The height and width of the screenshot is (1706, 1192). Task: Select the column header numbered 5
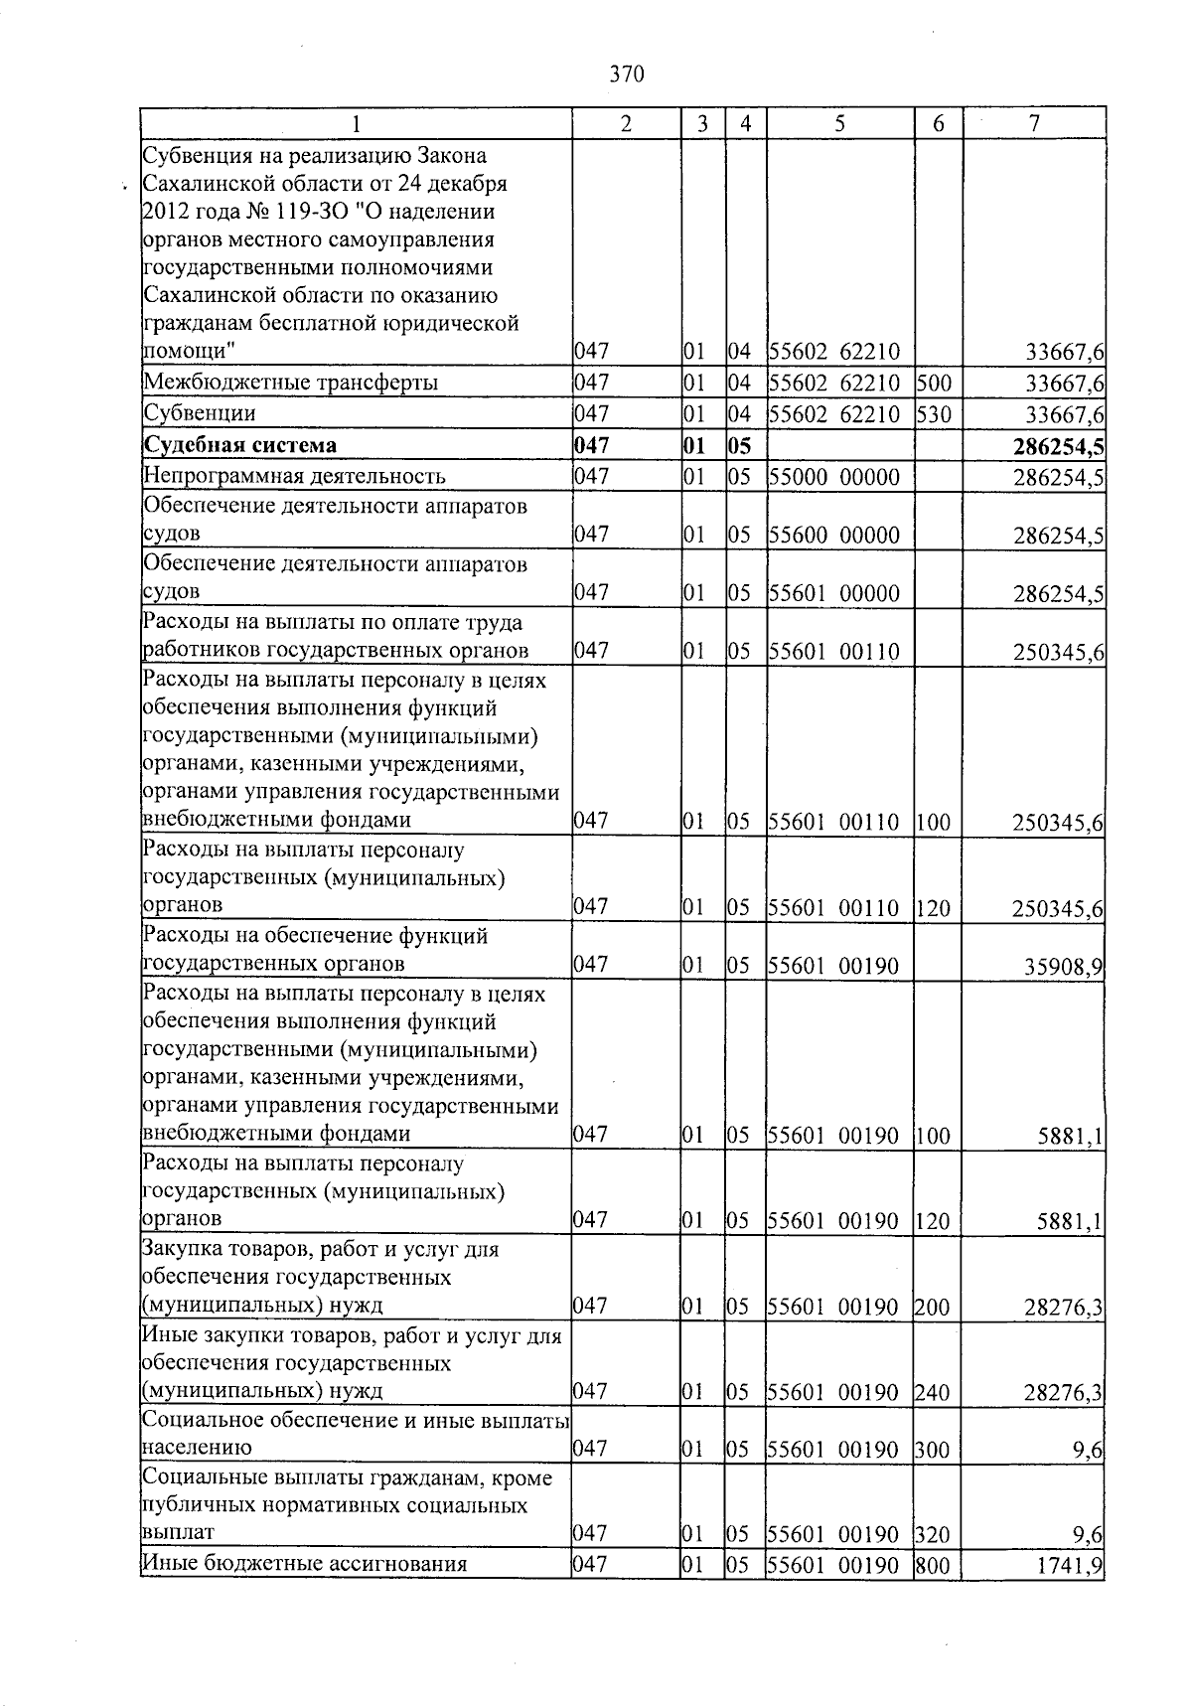[x=840, y=124]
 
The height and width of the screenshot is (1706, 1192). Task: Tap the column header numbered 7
[x=1034, y=124]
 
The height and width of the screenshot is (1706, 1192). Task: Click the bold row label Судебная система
[x=240, y=445]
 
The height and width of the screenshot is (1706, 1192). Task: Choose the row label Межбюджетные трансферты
[x=291, y=383]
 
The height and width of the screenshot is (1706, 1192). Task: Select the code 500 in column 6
[x=933, y=383]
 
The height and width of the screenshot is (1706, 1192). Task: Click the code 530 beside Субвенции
[x=933, y=413]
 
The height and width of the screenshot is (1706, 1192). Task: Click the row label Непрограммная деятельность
[x=294, y=477]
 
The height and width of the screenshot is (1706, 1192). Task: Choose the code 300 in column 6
[x=933, y=1449]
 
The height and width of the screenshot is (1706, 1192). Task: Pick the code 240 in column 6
[x=933, y=1391]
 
